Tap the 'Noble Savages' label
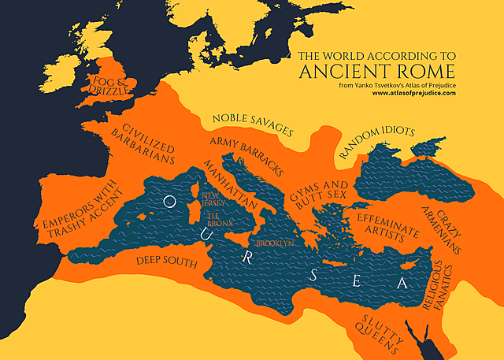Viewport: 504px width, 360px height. (252, 124)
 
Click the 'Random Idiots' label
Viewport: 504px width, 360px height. (376, 145)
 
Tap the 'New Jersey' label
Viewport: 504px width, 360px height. (213, 199)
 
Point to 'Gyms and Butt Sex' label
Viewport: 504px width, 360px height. (317, 192)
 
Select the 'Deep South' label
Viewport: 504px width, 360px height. (166, 260)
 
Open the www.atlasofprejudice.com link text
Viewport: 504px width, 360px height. (414, 93)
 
